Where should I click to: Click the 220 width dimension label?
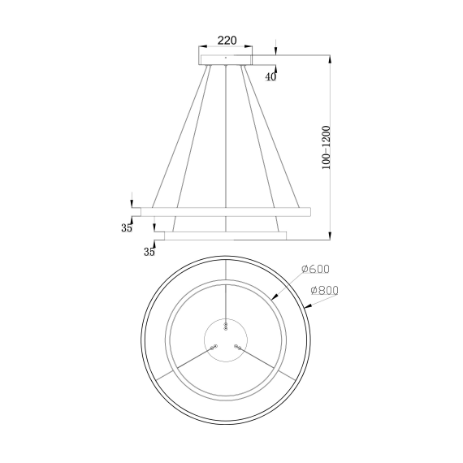(x=226, y=39)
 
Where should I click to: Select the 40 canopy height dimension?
(x=270, y=76)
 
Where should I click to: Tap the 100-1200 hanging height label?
(x=325, y=147)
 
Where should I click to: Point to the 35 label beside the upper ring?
(x=127, y=227)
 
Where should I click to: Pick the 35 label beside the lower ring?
(x=149, y=252)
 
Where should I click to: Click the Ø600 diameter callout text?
(x=314, y=270)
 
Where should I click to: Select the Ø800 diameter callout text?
(x=322, y=290)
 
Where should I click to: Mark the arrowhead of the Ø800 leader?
(x=310, y=309)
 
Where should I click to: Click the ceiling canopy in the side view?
(x=226, y=58)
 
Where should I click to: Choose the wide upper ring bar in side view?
(x=226, y=211)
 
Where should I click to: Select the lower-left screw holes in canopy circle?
(x=214, y=347)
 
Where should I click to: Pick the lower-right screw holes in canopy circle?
(x=237, y=347)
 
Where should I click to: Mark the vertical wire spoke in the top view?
(x=226, y=292)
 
